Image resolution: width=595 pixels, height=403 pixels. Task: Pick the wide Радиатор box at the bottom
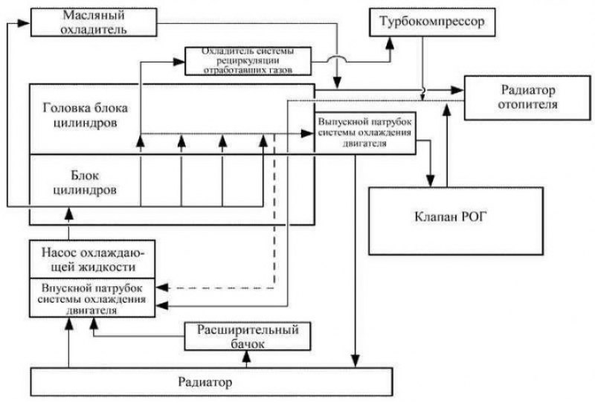tap(210, 383)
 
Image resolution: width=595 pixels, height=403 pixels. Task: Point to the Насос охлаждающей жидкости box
tap(92, 259)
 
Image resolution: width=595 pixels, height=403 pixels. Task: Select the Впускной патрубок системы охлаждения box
tap(92, 298)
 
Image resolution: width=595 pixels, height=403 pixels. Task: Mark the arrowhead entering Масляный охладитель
tap(27, 23)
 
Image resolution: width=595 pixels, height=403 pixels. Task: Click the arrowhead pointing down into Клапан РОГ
tap(429, 183)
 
